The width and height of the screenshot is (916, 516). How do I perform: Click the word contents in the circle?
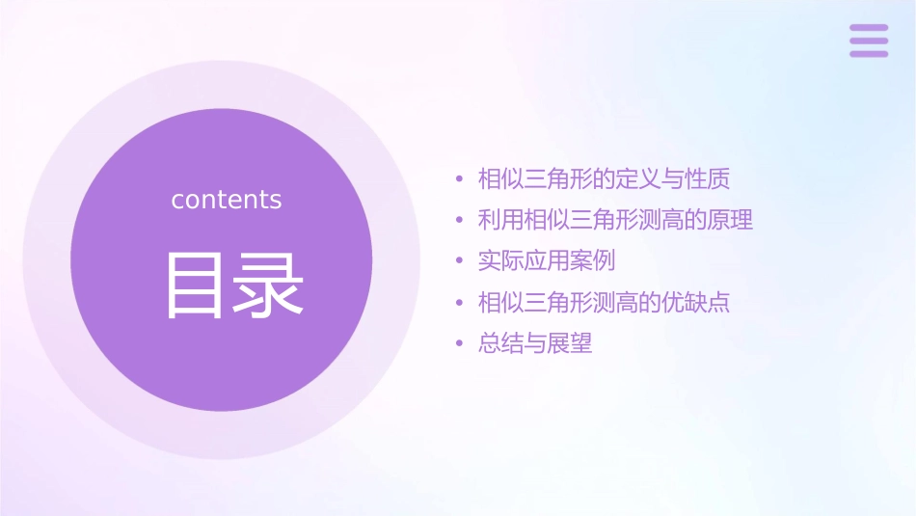click(227, 200)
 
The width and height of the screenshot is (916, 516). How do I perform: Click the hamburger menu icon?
click(869, 41)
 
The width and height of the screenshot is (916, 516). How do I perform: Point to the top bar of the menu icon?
click(869, 28)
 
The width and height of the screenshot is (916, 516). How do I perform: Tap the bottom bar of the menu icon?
click(869, 53)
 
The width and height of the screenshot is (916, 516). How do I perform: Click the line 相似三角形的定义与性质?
click(605, 178)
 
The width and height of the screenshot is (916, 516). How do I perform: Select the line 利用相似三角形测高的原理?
click(615, 220)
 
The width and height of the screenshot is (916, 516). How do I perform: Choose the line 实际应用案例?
click(547, 261)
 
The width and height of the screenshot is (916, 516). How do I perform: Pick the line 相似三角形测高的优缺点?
click(605, 303)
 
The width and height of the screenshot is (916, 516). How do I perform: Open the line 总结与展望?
click(535, 343)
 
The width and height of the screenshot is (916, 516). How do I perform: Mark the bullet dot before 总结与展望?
click(460, 344)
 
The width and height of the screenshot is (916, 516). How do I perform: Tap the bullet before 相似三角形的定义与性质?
click(460, 179)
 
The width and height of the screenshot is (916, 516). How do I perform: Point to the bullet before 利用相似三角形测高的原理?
click(460, 221)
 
